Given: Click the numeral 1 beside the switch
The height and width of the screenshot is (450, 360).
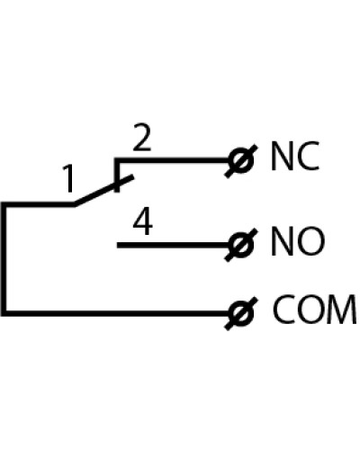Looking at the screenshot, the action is point(69,178).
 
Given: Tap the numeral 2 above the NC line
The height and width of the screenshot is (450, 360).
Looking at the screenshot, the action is point(142,139).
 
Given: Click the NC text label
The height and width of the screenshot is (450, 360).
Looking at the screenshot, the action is point(294,156).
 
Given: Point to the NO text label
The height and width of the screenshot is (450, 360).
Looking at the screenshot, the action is point(298,241).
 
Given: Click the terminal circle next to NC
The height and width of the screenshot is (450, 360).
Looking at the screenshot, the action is point(241,160).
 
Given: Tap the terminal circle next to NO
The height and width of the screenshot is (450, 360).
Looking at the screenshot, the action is point(241,245).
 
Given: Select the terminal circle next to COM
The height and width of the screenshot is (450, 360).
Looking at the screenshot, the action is point(241,313).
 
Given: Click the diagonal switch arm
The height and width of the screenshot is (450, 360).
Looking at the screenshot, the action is point(103,191).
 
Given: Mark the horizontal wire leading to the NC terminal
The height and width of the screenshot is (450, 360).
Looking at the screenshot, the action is point(173,160).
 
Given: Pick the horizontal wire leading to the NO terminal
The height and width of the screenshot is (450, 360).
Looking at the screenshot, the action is point(174,245).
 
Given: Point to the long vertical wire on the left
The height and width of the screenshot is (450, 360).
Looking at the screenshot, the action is point(4,258).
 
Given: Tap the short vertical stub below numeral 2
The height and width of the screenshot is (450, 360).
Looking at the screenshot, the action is point(117,175).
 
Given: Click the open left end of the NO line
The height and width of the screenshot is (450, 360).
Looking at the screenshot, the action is point(117,245).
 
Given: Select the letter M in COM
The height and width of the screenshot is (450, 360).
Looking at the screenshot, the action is point(343,310).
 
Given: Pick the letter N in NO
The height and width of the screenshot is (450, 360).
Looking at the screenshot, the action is point(281,242).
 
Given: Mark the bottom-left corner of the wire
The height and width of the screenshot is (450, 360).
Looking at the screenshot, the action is point(4,314).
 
